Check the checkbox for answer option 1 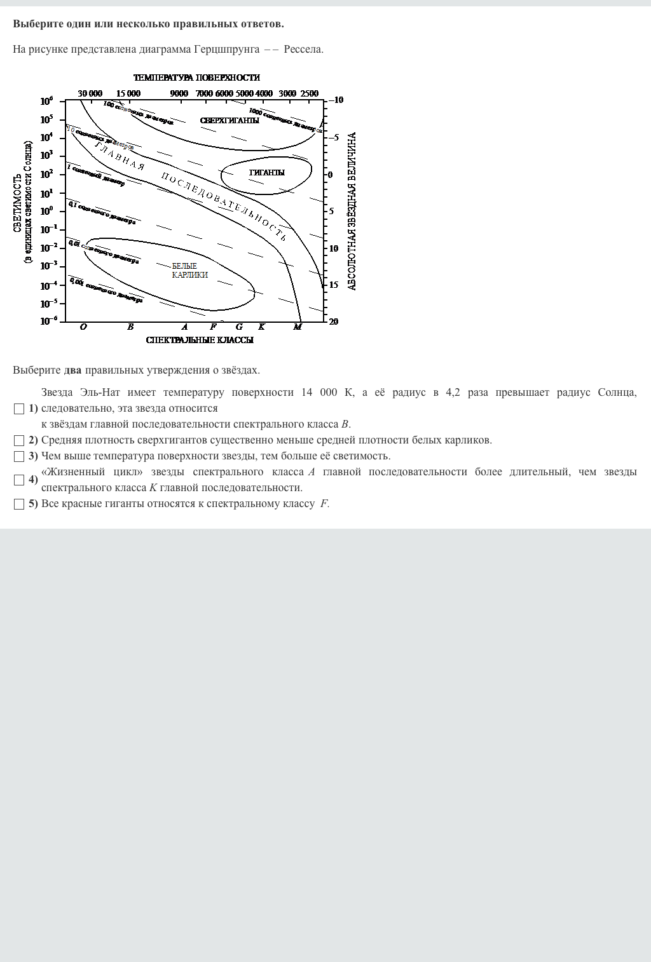point(19,409)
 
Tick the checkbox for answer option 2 point(19,440)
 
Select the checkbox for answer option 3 point(19,456)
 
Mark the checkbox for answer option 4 point(19,480)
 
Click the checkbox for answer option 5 point(19,504)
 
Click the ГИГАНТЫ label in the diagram point(267,173)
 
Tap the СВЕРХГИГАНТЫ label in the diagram point(230,121)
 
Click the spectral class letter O point(83,327)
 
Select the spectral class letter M point(298,327)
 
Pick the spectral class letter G point(239,327)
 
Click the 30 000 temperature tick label point(90,93)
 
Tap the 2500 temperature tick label point(310,93)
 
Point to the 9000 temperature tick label point(179,93)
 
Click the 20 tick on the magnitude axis point(334,322)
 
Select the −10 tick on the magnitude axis point(336,100)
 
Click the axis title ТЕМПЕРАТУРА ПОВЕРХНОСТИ point(196,78)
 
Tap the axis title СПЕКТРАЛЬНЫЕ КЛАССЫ point(200,340)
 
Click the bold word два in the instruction point(73,370)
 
